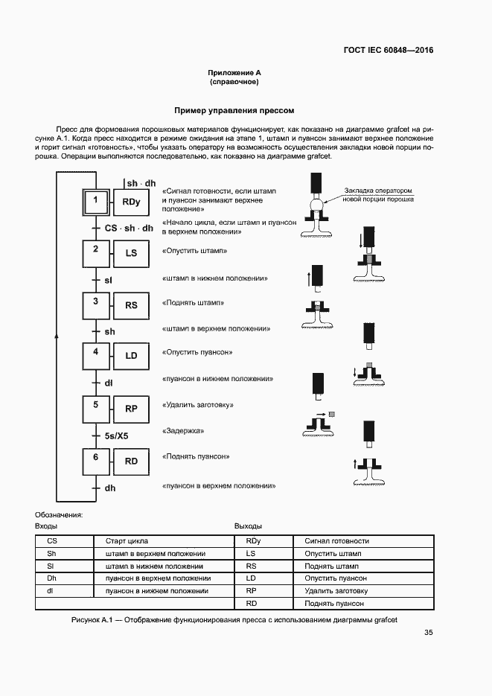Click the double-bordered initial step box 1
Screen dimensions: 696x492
point(95,201)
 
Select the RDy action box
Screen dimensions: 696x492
point(131,202)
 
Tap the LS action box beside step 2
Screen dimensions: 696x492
point(131,253)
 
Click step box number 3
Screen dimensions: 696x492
point(95,304)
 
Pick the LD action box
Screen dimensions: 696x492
point(131,356)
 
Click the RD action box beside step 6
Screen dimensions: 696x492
point(131,462)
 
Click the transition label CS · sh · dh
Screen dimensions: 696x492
point(129,228)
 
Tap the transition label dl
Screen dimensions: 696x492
point(108,383)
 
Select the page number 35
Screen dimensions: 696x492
point(428,633)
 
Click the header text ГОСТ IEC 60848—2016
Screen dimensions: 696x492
point(388,51)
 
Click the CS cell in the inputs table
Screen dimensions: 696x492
point(51,541)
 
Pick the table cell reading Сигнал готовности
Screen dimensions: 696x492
point(336,541)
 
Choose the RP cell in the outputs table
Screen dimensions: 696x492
point(251,590)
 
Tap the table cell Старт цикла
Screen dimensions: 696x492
point(127,541)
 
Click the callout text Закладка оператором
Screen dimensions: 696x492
point(377,191)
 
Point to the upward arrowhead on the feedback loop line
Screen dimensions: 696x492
point(56,336)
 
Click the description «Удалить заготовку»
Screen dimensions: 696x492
point(198,405)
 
